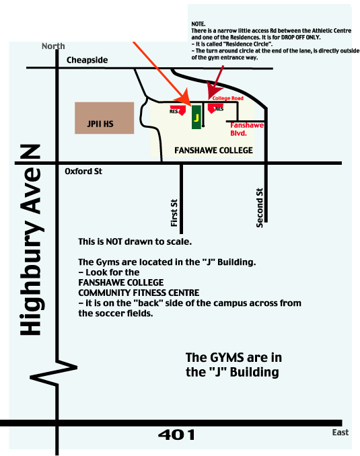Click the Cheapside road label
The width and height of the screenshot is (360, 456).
pyautogui.click(x=87, y=60)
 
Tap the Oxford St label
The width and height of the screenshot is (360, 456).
pyautogui.click(x=83, y=172)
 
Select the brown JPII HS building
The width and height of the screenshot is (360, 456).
pyautogui.click(x=104, y=118)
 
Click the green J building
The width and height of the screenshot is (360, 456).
pyautogui.click(x=196, y=117)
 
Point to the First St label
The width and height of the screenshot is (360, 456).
pyautogui.click(x=174, y=213)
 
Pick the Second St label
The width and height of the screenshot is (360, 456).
pyautogui.click(x=259, y=208)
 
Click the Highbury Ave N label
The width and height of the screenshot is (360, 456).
pyautogui.click(x=31, y=240)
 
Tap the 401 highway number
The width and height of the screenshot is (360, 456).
pyautogui.click(x=176, y=435)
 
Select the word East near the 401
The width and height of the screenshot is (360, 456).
pyautogui.click(x=340, y=432)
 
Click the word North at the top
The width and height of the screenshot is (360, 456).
pyautogui.click(x=53, y=46)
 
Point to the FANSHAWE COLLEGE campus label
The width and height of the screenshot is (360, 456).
pyautogui.click(x=213, y=151)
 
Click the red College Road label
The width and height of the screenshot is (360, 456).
pyautogui.click(x=228, y=98)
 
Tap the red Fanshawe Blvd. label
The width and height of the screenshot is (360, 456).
pyautogui.click(x=247, y=129)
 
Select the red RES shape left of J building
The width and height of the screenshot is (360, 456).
pyautogui.click(x=179, y=110)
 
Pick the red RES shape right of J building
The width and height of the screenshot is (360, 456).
pyautogui.click(x=214, y=108)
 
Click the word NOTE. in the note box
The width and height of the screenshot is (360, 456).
pyautogui.click(x=199, y=24)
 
